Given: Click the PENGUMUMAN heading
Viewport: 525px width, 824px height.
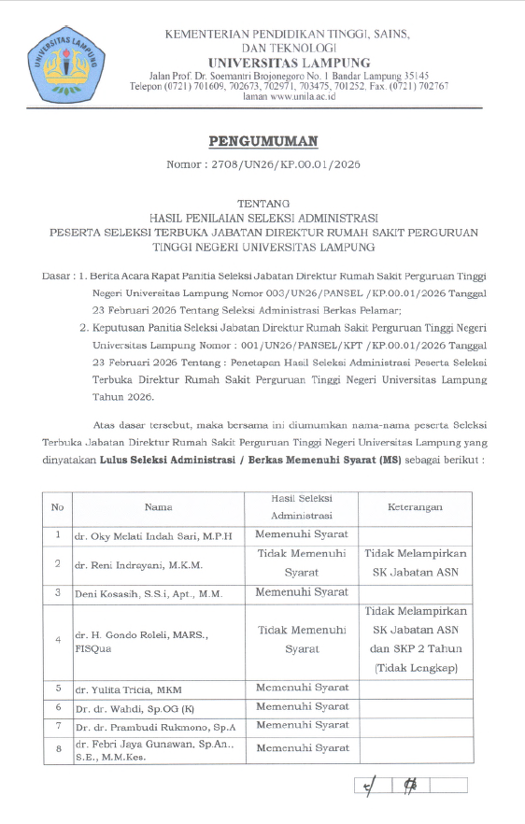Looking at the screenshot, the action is point(262,142).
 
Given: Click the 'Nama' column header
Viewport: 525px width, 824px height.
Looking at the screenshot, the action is point(158,506).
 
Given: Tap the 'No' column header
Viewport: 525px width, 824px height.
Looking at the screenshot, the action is point(57,506).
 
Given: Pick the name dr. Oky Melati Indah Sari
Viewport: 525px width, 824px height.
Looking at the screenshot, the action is point(153,535).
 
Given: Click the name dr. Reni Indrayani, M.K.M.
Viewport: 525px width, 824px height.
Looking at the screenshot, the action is point(139,565).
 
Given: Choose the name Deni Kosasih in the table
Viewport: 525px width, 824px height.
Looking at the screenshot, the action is point(139,593).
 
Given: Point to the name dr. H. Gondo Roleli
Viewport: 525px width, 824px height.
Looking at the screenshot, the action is point(140,634).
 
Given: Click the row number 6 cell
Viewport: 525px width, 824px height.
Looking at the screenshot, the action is point(57,707).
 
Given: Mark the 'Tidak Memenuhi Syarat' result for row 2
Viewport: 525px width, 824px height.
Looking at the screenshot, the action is point(302,561).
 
